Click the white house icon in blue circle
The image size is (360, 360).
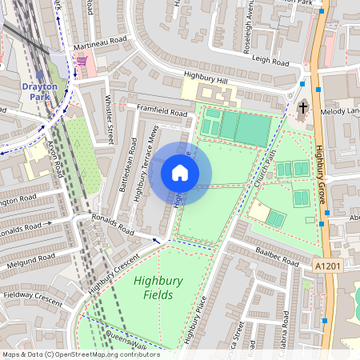180,173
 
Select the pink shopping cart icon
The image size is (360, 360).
81,61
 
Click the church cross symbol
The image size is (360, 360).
303,108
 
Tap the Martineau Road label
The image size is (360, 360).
100,41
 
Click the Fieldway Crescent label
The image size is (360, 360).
32,298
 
